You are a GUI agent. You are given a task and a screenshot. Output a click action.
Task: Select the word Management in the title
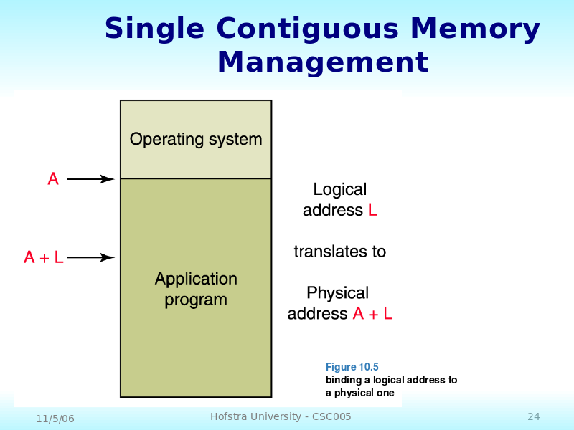click(x=323, y=62)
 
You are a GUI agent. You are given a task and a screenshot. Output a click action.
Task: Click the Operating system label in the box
click(x=196, y=139)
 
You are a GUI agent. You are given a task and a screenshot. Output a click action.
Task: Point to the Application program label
click(x=196, y=290)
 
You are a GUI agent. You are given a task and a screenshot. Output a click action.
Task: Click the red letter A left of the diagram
click(x=53, y=178)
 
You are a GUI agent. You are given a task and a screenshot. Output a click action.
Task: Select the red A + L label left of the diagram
click(x=44, y=257)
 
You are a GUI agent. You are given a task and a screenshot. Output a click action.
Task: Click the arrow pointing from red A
click(x=91, y=179)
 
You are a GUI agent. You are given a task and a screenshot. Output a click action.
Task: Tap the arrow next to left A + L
click(x=91, y=258)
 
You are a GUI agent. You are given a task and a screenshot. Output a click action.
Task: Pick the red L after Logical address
click(x=372, y=210)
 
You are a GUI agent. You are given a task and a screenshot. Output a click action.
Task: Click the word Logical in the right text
click(x=339, y=189)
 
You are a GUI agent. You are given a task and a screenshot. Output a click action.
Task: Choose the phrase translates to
click(x=339, y=252)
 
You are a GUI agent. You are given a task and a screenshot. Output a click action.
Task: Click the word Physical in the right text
click(x=337, y=293)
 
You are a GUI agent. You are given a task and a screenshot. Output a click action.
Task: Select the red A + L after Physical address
click(x=372, y=314)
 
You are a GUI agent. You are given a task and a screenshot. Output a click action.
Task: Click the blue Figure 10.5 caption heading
click(x=352, y=367)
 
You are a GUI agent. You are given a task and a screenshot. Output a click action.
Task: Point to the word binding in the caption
click(x=344, y=381)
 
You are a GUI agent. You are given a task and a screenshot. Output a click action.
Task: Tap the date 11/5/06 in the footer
click(x=55, y=419)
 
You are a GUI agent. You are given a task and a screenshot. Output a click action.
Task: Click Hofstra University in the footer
click(x=255, y=416)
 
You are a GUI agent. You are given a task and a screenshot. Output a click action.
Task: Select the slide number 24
click(x=534, y=416)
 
